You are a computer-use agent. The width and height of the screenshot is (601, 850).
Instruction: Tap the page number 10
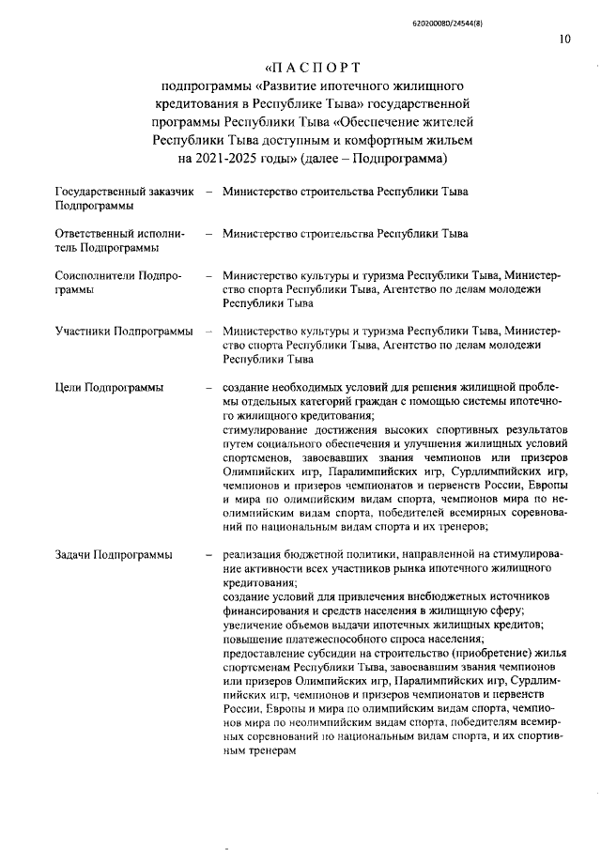click(x=563, y=39)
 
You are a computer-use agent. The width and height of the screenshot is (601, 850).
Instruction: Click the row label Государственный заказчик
click(x=124, y=192)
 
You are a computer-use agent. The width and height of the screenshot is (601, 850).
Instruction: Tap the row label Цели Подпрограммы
click(x=109, y=387)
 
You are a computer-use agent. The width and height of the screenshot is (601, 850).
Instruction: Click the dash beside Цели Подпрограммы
click(x=208, y=387)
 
